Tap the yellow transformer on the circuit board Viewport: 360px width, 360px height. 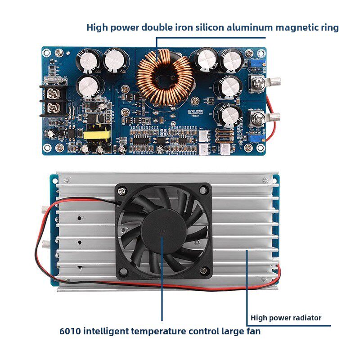95,135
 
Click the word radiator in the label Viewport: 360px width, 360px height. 306,318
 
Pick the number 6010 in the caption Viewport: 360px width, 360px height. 71,332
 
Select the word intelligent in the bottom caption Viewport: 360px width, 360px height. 106,332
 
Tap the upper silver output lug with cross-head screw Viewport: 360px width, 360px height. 260,83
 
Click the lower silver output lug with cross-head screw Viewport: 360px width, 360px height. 260,119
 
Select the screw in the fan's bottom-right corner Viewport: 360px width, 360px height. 203,270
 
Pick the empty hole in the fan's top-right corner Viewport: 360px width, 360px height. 203,191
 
